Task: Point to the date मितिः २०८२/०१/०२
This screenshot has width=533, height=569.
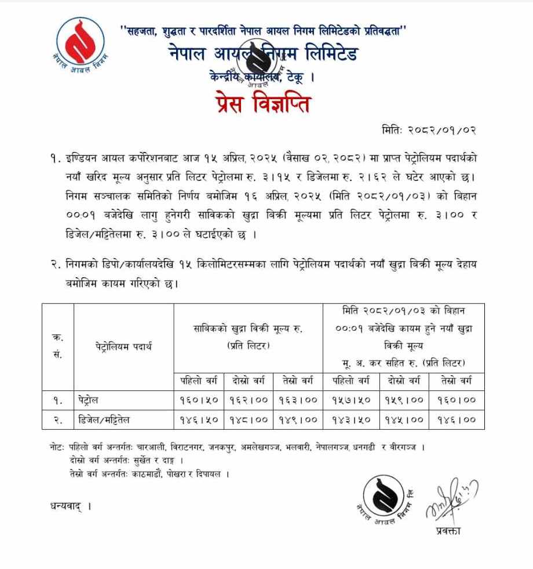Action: click(x=429, y=129)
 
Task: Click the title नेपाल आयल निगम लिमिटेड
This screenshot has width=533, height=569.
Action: click(x=264, y=54)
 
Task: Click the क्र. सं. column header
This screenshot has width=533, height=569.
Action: click(x=58, y=346)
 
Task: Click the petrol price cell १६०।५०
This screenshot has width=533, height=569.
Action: click(x=199, y=400)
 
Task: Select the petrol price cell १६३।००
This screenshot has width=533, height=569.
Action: click(x=297, y=400)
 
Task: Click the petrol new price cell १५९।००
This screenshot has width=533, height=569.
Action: click(x=404, y=400)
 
